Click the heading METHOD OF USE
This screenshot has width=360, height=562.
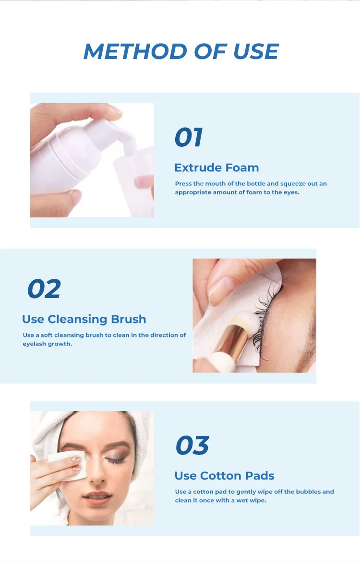pyautogui.click(x=180, y=51)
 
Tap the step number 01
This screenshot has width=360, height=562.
pyautogui.click(x=188, y=137)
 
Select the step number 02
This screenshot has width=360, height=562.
pyautogui.click(x=44, y=289)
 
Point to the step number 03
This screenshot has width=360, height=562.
pyautogui.click(x=192, y=445)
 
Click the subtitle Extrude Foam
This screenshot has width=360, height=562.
pyautogui.click(x=216, y=167)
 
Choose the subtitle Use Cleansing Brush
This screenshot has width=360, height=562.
pyautogui.click(x=84, y=319)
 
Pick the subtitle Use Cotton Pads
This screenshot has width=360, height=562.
pyautogui.click(x=224, y=476)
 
